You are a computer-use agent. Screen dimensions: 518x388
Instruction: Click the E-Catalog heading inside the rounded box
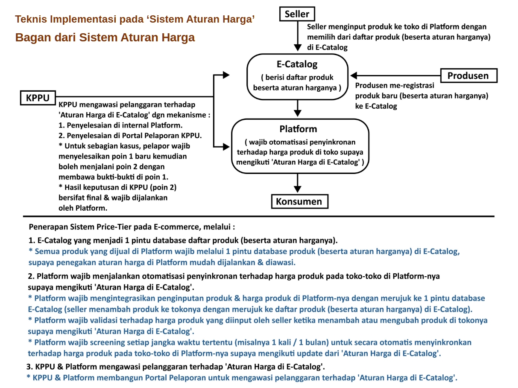pyautogui.click(x=297, y=64)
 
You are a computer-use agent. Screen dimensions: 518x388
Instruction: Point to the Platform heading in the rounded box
pyautogui.click(x=298, y=129)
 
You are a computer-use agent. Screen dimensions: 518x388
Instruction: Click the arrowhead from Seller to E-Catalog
pyautogui.click(x=298, y=47)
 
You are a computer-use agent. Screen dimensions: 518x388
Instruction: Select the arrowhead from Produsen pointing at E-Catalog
pyautogui.click(x=354, y=75)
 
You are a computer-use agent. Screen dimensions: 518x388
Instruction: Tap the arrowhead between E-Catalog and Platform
pyautogui.click(x=298, y=113)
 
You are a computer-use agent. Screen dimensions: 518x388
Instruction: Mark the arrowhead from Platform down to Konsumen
pyautogui.click(x=298, y=189)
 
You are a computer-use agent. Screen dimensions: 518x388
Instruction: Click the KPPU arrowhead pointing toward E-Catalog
pyautogui.click(x=226, y=75)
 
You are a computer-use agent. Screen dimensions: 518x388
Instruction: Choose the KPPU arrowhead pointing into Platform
pyautogui.click(x=226, y=147)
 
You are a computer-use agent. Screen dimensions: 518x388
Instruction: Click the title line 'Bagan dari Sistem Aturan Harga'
pyautogui.click(x=105, y=38)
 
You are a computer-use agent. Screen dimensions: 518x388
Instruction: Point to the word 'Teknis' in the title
pyautogui.click(x=31, y=19)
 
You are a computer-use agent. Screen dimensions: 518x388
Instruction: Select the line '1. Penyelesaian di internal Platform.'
pyautogui.click(x=120, y=125)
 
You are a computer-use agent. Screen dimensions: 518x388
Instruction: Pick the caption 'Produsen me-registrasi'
pyautogui.click(x=395, y=85)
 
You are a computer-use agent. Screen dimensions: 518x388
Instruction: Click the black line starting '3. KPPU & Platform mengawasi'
pyautogui.click(x=176, y=367)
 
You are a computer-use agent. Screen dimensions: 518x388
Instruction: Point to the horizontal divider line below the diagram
pyautogui.click(x=259, y=216)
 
